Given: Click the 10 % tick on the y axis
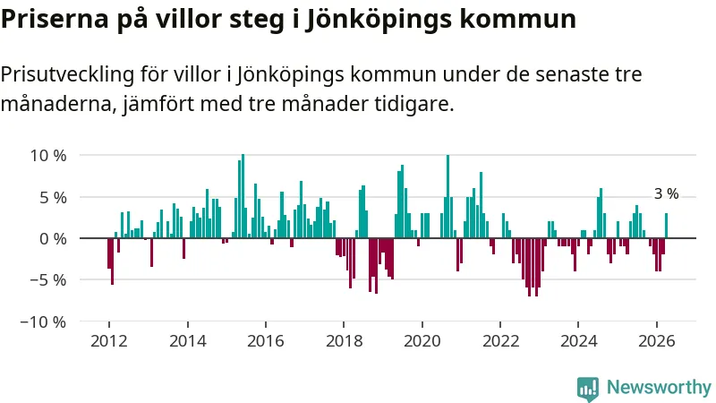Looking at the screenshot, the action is [48, 156].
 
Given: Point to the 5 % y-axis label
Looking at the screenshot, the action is [53, 198].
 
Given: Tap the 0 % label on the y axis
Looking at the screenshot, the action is [53, 238].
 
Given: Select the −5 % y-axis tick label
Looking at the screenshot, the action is [48, 280].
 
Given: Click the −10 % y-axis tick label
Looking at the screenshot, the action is [43, 322].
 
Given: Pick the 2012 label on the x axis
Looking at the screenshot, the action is [108, 341].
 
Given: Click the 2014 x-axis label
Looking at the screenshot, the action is [188, 341].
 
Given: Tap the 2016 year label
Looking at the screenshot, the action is [266, 341].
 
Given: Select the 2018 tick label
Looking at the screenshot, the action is [345, 341].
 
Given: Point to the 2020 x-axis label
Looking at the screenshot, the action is [422, 341].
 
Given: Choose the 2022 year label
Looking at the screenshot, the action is [501, 341].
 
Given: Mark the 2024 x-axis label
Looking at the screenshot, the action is [578, 341].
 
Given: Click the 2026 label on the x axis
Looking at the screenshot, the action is [657, 341].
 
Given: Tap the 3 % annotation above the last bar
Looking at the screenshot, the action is [666, 194].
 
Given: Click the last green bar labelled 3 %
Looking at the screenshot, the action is [666, 226].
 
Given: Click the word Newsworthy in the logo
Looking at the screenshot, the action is [659, 388].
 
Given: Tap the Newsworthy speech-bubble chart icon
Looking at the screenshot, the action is [588, 390].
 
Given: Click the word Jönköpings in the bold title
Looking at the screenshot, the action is [371, 20].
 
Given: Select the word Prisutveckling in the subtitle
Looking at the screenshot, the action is [68, 75].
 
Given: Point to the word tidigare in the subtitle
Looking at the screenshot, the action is [414, 105].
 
